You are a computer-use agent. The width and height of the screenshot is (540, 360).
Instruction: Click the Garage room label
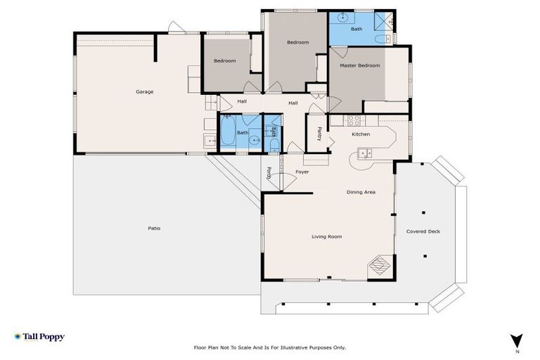(x=145, y=91)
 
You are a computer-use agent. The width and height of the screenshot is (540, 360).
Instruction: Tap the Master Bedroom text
(x=359, y=65)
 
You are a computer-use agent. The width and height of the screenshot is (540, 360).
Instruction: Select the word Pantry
(x=319, y=133)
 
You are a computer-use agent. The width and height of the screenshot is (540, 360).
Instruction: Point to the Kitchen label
(x=361, y=134)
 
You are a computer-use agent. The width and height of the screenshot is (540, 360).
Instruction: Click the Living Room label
(x=326, y=236)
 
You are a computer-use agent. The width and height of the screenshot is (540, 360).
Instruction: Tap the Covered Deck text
(x=423, y=231)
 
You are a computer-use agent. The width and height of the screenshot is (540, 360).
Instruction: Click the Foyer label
(x=302, y=172)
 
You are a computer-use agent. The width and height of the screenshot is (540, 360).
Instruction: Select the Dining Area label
(x=361, y=192)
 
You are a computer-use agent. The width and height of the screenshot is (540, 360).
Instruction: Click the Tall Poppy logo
(x=39, y=337)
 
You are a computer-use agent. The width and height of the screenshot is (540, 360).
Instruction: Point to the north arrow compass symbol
(x=517, y=340)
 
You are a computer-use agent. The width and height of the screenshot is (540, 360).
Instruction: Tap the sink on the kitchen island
(x=365, y=153)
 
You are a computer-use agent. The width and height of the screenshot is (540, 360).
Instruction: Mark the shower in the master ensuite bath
(x=383, y=19)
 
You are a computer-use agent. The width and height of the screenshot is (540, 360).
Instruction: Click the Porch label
(x=269, y=172)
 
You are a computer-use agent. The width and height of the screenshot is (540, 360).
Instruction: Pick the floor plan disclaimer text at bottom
(x=270, y=347)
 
